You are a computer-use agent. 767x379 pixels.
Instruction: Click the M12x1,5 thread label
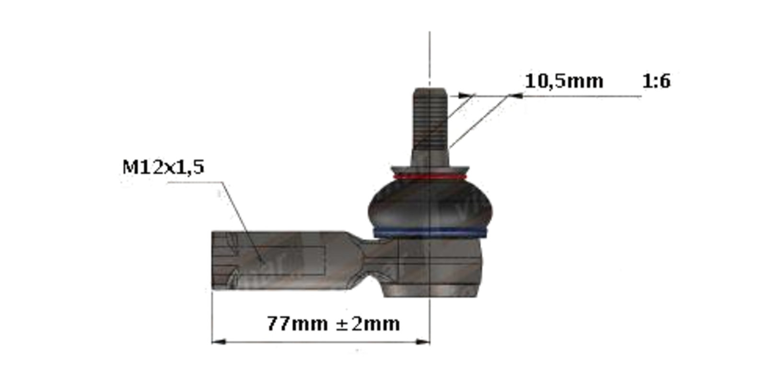163,167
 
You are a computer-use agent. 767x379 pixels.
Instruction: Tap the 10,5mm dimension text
564,82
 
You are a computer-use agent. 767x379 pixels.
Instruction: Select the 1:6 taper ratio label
656,81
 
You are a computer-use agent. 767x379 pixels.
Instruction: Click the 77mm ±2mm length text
333,323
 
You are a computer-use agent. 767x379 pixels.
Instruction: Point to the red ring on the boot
430,177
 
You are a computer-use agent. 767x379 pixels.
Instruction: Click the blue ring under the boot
430,233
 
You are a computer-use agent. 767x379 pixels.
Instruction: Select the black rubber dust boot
430,205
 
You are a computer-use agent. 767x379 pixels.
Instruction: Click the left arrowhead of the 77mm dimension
219,342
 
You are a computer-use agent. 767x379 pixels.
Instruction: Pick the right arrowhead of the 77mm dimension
422,342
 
